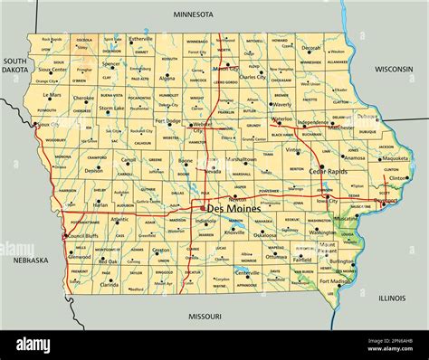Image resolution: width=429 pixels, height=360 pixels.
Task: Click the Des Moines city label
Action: click(x=240, y=209)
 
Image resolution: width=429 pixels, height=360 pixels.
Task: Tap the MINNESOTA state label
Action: click(x=193, y=14)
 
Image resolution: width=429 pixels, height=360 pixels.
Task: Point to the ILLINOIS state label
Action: click(x=392, y=297)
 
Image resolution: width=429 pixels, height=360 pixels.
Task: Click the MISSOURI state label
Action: click(x=205, y=317)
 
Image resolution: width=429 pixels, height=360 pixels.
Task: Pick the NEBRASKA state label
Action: click(x=30, y=260)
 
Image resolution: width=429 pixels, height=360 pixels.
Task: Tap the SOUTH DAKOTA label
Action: click(x=14, y=64)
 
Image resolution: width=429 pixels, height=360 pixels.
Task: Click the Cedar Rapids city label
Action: click(x=329, y=172)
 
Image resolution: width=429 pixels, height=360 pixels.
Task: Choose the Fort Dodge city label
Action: click(x=168, y=120)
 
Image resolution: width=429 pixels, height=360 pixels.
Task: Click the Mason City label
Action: click(x=226, y=69)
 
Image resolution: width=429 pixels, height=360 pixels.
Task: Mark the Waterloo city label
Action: click(x=282, y=118)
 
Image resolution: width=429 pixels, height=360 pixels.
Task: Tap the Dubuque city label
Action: click(x=367, y=116)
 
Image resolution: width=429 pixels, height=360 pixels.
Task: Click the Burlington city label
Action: click(x=342, y=261)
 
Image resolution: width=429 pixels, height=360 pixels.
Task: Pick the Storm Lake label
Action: click(x=111, y=109)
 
